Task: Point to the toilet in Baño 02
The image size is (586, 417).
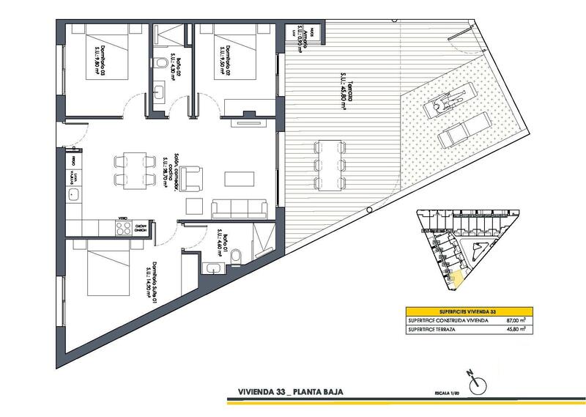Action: [160, 64]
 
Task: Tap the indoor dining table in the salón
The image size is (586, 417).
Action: [133, 169]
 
